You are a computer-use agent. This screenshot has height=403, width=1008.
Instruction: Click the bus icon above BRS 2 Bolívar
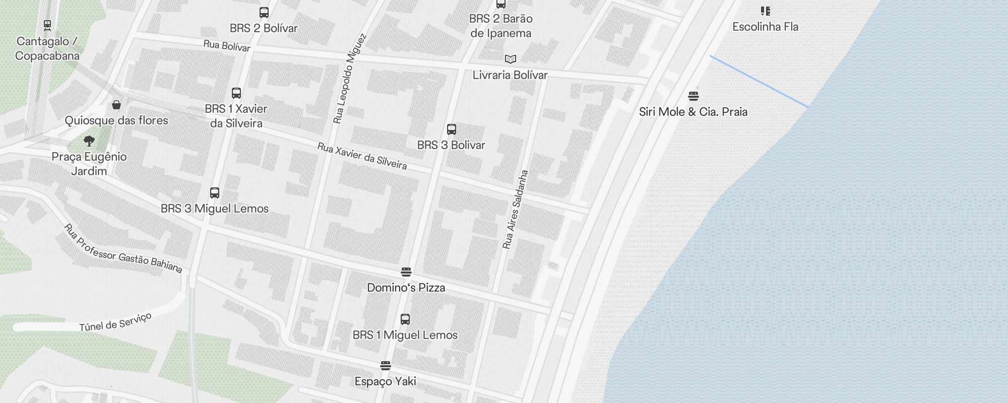264,13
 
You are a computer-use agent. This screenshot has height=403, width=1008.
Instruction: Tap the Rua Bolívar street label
227,46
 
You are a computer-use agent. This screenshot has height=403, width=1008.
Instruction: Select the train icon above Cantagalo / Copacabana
47,25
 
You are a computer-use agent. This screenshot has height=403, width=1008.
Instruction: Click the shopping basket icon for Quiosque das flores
116,105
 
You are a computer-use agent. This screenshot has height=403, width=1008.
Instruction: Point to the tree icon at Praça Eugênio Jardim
89,141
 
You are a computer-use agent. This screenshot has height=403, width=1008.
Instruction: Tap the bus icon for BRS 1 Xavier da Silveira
236,93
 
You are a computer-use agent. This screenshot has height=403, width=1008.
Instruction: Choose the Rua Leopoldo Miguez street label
349,79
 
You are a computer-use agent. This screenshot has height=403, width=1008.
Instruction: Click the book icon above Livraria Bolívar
511,59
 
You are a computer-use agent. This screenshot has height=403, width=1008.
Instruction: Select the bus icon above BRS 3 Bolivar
452,129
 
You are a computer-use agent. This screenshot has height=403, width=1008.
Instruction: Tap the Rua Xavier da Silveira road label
362,156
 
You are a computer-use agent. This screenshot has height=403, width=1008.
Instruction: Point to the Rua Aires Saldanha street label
516,210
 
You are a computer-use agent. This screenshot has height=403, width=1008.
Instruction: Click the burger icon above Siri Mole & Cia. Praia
694,96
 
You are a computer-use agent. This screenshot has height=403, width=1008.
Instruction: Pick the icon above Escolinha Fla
766,11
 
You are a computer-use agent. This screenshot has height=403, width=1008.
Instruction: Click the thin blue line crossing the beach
759,81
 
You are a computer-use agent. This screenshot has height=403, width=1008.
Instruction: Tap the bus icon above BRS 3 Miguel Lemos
215,193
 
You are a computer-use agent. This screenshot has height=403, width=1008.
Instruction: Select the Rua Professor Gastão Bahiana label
123,249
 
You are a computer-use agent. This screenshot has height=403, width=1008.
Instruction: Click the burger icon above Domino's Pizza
406,272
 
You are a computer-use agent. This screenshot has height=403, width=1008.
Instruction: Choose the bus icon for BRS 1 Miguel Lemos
405,319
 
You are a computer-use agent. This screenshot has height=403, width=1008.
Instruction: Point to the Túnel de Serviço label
115,322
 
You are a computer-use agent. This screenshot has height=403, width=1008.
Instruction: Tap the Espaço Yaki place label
386,381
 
